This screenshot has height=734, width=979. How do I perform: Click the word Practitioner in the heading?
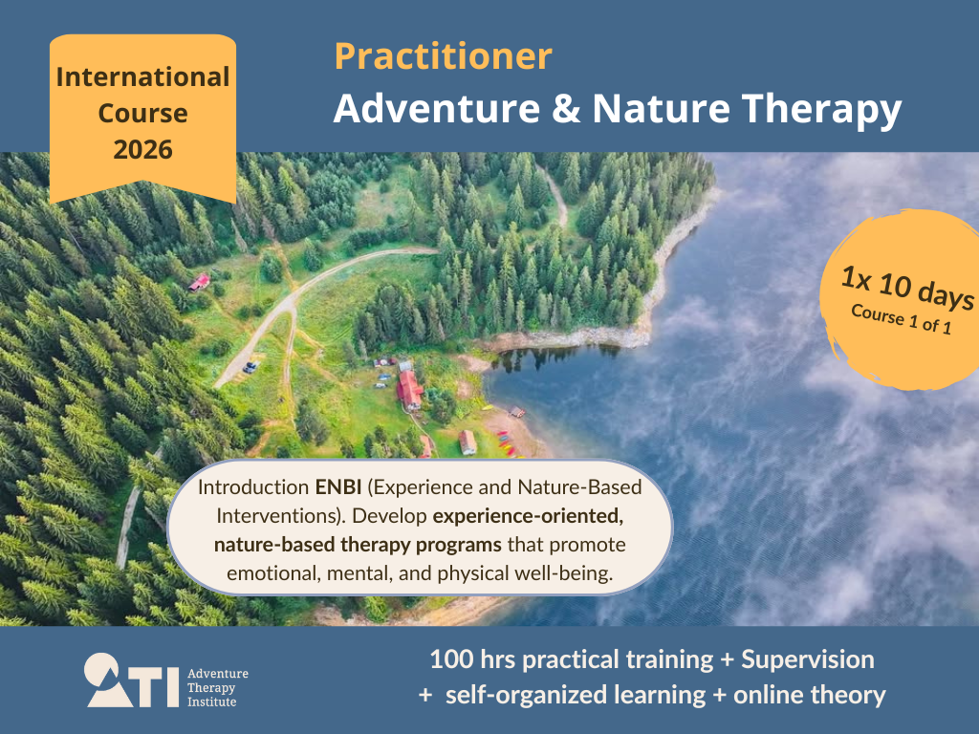(444, 56)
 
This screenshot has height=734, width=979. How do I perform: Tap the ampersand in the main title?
(566, 109)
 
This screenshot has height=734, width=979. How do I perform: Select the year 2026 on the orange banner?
(143, 150)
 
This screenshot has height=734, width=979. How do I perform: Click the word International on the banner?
(143, 76)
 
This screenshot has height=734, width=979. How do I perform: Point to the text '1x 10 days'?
(907, 287)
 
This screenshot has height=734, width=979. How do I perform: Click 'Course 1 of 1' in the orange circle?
(901, 319)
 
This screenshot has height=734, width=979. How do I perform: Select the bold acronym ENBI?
(338, 487)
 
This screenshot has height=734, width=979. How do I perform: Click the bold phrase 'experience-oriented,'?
(528, 516)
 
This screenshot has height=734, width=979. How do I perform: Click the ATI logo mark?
(132, 680)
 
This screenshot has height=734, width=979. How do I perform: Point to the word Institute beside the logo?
(211, 702)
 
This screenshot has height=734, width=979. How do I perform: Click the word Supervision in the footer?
(808, 659)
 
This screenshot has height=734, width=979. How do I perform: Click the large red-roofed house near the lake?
(409, 390)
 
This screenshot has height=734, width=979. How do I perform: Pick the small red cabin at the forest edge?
(199, 283)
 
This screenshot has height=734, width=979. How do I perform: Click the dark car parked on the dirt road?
(250, 367)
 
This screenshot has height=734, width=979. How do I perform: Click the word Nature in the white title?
(662, 109)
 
